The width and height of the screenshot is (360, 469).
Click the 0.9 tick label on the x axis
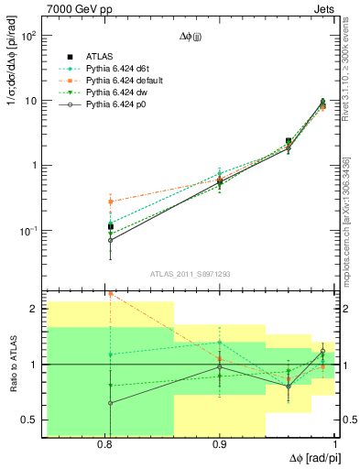(x=220, y=444)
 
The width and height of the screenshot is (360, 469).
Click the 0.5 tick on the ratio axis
(x=31, y=420)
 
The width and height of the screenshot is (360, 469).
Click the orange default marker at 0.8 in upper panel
(x=111, y=202)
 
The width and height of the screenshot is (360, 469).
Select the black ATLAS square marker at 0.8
(x=111, y=225)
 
